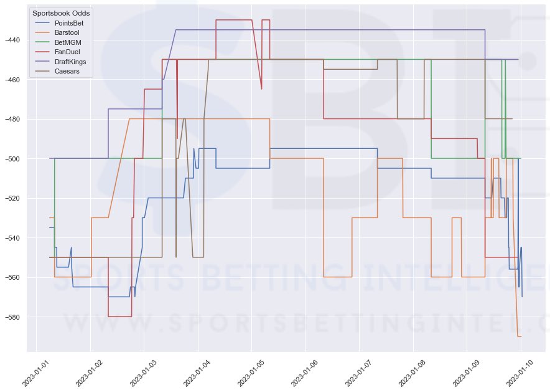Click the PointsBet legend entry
coord(69,23)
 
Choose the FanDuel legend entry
coord(67,53)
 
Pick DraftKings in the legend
coord(70,62)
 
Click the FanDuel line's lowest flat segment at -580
coord(119,317)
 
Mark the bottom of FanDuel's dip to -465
coord(261,89)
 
